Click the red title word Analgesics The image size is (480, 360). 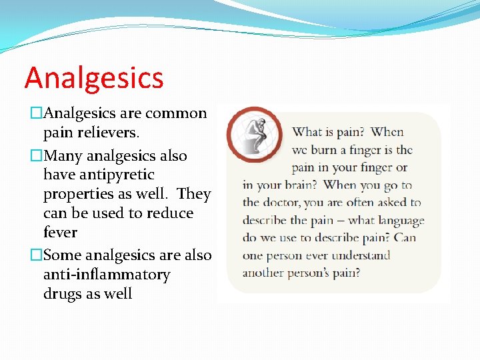coord(94,77)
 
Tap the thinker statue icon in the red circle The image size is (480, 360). coord(253,133)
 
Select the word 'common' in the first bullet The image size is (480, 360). coord(176,113)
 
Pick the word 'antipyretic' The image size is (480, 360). coord(99,175)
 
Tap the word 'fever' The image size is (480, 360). coord(60,233)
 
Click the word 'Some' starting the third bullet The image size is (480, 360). coord(62,255)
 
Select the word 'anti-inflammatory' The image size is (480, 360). coord(107,275)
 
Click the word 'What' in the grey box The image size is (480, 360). coord(307,133)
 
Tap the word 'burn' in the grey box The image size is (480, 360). coord(324,150)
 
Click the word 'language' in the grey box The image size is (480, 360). coord(397,221)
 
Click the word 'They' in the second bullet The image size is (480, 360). coord(194,195)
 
